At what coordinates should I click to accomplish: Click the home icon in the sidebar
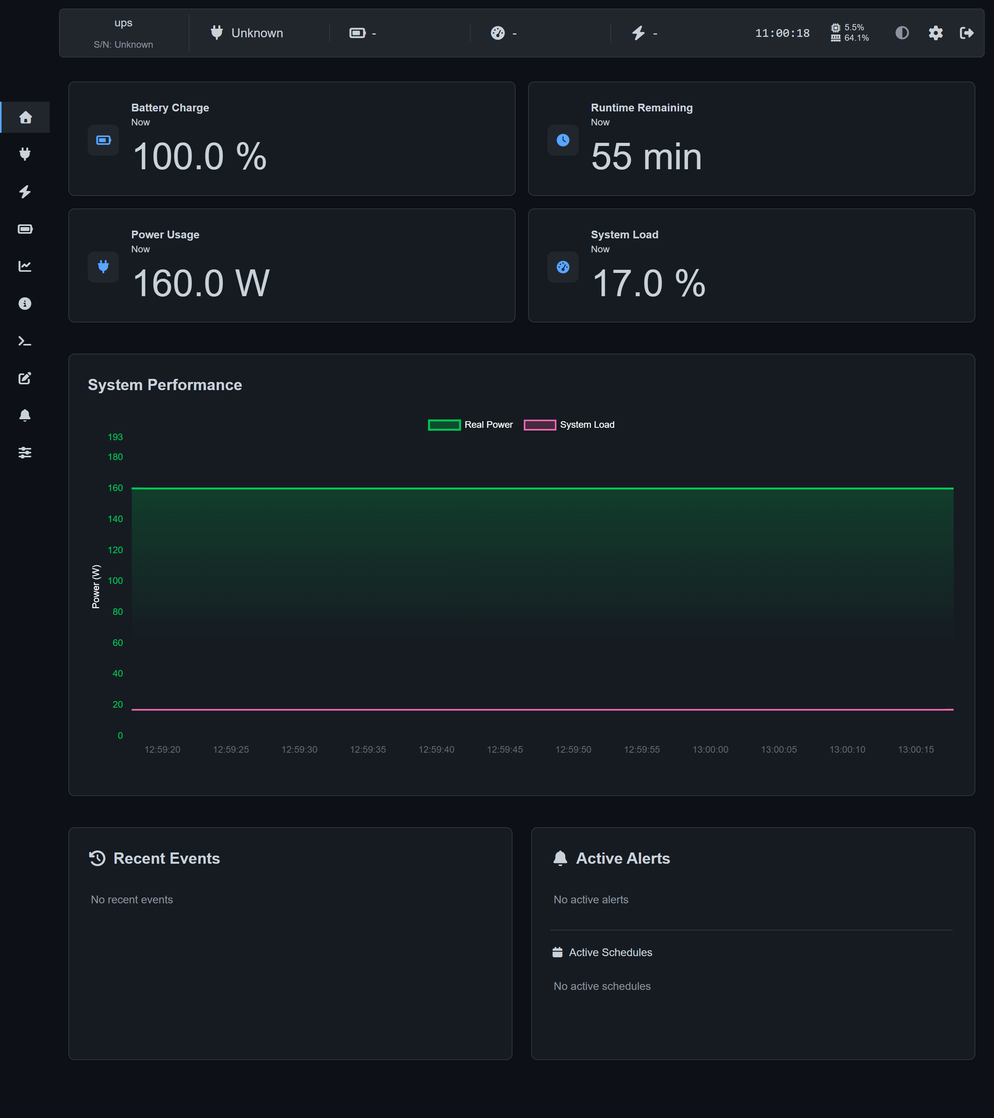[x=25, y=117]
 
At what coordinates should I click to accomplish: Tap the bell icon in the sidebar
[x=24, y=415]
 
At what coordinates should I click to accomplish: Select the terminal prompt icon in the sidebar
[x=24, y=341]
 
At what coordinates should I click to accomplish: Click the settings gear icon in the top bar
[x=935, y=33]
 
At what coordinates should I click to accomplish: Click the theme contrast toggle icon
[x=902, y=33]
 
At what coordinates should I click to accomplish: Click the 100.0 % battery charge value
[x=200, y=156]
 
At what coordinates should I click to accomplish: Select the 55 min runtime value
[x=646, y=156]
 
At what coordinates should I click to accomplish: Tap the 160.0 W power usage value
[x=201, y=283]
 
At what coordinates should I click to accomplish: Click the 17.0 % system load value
[x=649, y=283]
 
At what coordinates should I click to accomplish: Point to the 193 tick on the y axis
[x=115, y=437]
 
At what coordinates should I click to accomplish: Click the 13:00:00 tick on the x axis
[x=710, y=749]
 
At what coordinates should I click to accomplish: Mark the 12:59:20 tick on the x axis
[x=162, y=749]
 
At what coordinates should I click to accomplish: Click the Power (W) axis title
[x=96, y=586]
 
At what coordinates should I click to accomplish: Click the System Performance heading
[x=165, y=385]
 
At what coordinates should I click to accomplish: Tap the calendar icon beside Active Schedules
[x=558, y=952]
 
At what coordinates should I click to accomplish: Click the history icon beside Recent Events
[x=97, y=858]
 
